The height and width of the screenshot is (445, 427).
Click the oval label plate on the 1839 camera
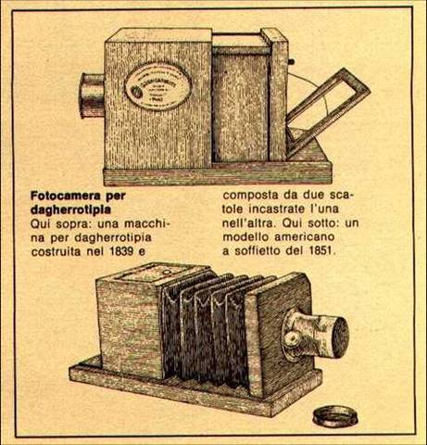(157, 86)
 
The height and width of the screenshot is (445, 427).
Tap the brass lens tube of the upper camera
(93, 95)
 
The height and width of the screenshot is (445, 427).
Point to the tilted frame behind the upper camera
(328, 111)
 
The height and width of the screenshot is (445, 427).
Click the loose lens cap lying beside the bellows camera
(335, 416)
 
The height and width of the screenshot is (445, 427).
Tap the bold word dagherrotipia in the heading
(70, 210)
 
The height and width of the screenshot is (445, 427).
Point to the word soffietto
(257, 250)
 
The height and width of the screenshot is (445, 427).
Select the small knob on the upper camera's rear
(291, 61)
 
